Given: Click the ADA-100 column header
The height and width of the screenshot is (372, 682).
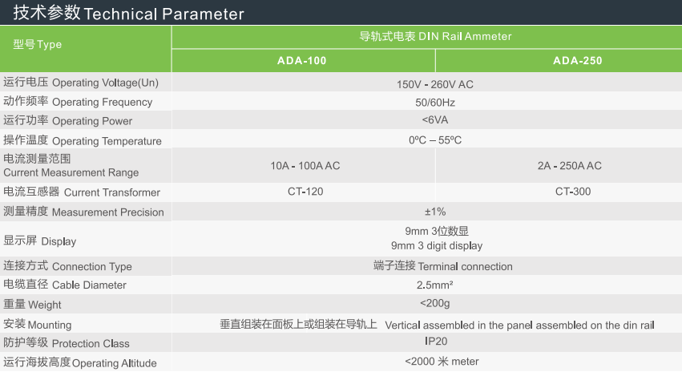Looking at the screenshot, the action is coord(302,60).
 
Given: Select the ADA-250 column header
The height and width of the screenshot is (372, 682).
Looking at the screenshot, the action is coord(578,60).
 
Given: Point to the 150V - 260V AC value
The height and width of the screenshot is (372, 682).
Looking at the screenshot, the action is coord(435,84).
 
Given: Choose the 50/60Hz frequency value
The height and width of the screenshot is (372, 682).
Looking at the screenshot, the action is coord(435,103).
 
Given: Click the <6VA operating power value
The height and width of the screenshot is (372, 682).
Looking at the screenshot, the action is coord(435,120).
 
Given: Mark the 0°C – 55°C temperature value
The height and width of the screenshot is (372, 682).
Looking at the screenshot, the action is coord(435,140).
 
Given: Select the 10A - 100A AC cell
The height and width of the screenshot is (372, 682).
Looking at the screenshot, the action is coord(305,166).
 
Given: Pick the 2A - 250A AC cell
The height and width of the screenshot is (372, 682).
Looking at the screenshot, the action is coord(569,166).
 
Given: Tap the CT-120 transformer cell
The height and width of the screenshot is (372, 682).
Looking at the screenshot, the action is coord(305,192).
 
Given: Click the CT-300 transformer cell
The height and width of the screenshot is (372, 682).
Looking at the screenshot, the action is coord(573,192).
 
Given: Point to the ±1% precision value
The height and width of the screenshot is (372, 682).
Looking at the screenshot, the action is coord(435,212).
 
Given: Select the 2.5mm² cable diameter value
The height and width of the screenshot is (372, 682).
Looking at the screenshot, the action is coord(435,285).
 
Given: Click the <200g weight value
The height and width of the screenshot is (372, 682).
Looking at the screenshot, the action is coord(435,303).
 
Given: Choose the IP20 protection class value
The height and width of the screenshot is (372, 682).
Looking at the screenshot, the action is coord(436,341).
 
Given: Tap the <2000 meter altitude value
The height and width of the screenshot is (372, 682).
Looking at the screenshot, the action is coord(442,362).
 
